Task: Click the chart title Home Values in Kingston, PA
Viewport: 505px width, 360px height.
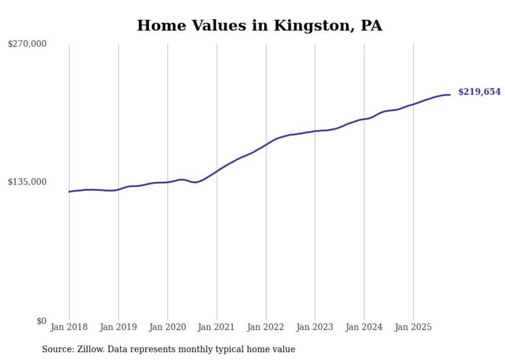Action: (259, 25)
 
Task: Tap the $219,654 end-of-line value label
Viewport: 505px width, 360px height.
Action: (479, 92)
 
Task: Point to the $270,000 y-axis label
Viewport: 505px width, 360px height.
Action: (27, 44)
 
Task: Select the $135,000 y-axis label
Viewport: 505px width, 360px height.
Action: (27, 182)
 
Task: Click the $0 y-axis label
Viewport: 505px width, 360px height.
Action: (41, 321)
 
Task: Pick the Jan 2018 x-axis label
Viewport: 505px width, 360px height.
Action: (69, 327)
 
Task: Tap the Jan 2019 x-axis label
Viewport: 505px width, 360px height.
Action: (119, 327)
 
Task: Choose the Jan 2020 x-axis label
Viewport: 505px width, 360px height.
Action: (167, 327)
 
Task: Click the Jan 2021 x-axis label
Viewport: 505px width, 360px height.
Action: (216, 327)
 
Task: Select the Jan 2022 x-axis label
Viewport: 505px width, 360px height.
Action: (266, 327)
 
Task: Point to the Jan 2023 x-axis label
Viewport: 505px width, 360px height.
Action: (315, 327)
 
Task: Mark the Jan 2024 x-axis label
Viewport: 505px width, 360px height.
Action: (364, 327)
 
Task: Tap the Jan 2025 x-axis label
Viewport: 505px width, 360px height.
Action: (413, 327)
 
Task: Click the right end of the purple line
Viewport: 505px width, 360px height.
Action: (450, 95)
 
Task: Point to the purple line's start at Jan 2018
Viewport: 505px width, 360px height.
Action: (70, 192)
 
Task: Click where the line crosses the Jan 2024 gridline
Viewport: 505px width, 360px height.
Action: (364, 119)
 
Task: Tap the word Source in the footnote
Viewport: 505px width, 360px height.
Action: (56, 349)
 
